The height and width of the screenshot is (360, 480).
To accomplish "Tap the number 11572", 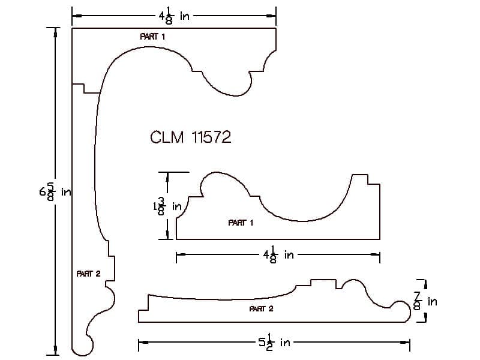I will click(x=211, y=137).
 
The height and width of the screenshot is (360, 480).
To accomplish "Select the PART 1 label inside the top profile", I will click(x=152, y=37).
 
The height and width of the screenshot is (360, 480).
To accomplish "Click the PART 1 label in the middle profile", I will click(x=241, y=223).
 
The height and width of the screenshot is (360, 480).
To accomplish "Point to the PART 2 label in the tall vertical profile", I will click(x=88, y=274).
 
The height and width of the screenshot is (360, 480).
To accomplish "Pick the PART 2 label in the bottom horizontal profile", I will click(x=261, y=309).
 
